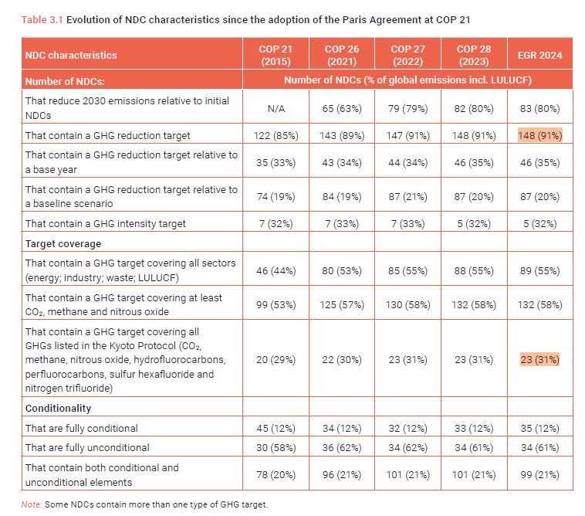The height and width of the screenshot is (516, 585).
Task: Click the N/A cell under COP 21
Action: (x=276, y=109)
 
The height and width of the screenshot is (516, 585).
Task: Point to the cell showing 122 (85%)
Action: (x=276, y=135)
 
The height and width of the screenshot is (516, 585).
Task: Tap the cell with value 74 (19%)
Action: (x=276, y=197)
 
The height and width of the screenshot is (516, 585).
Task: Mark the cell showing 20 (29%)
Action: (x=276, y=360)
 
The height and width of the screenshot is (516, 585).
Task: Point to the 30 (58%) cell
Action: (x=276, y=447)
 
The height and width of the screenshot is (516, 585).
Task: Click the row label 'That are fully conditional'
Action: (x=81, y=427)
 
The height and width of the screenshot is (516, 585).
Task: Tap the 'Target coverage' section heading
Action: (x=63, y=243)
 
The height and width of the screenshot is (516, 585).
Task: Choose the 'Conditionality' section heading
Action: (x=58, y=407)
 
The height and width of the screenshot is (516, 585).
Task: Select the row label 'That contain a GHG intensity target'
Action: (x=106, y=223)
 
